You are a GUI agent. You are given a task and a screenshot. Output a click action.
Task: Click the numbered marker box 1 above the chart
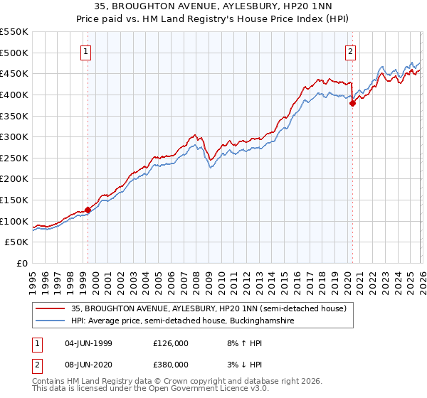pos(86,50)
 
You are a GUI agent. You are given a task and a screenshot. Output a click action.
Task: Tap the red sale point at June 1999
pos(88,210)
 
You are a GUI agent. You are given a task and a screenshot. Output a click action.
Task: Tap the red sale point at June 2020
pos(352,103)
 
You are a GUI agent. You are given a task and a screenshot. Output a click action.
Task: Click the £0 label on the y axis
pos(21,263)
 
